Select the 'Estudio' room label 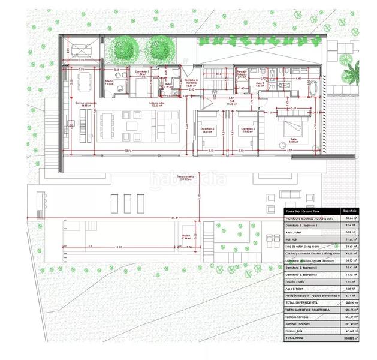[x=108, y=83]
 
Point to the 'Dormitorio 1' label [x=141, y=74]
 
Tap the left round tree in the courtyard [x=126, y=46]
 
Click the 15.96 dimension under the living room [x=128, y=150]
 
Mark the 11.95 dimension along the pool [x=119, y=246]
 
